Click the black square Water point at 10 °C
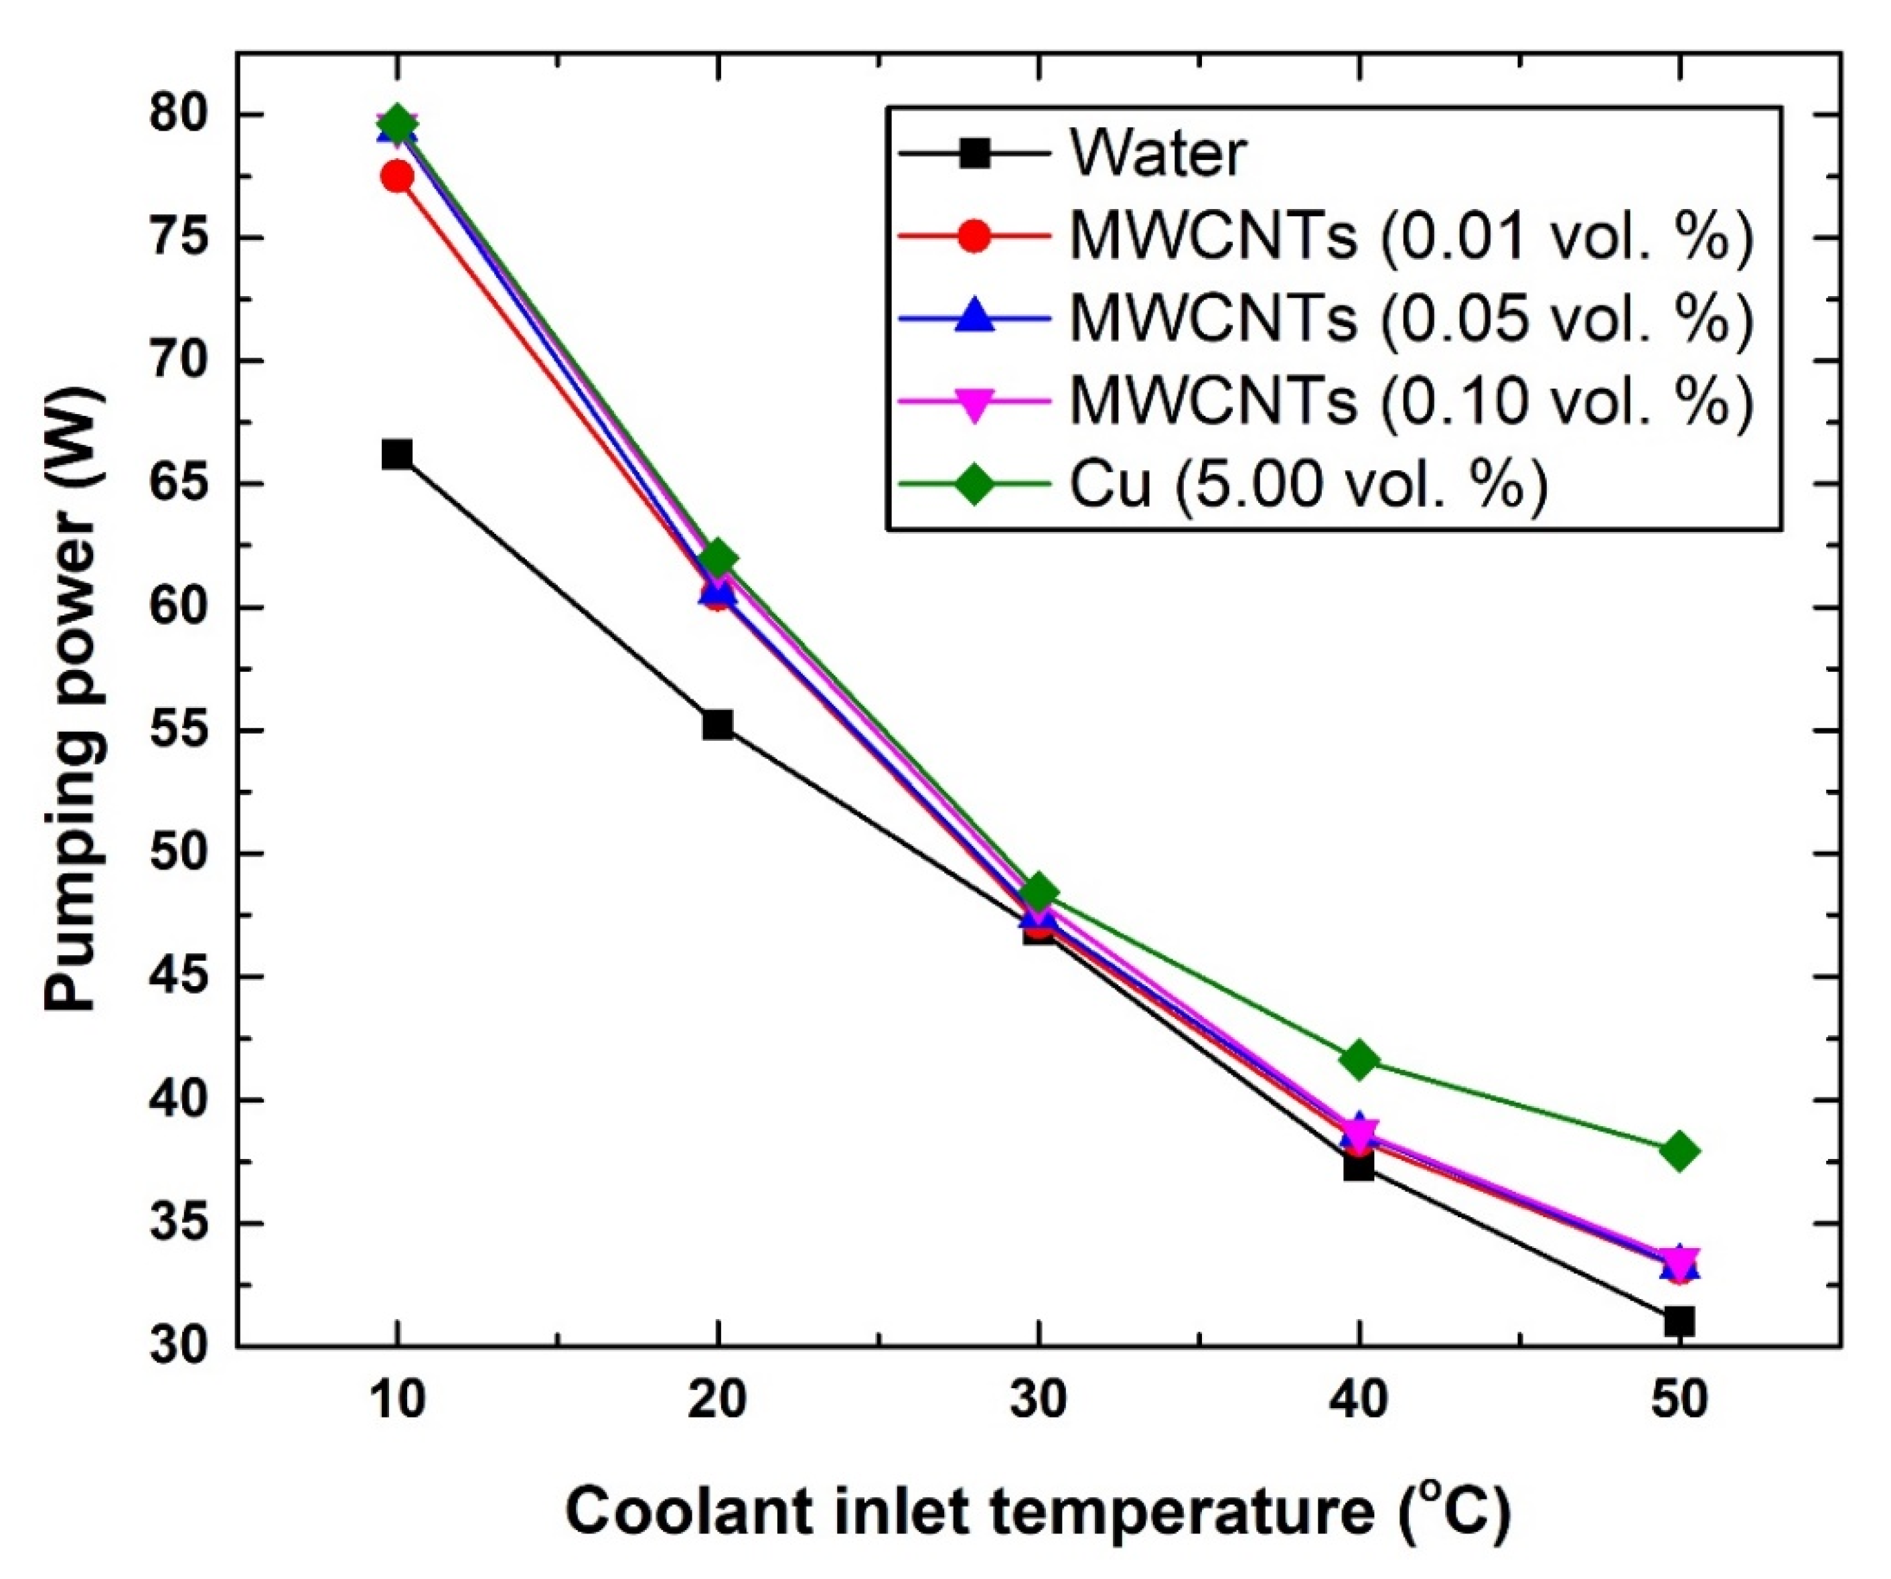click(x=396, y=454)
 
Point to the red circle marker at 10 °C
click(x=396, y=177)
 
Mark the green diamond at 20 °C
click(x=718, y=559)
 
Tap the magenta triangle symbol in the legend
click(x=974, y=403)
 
